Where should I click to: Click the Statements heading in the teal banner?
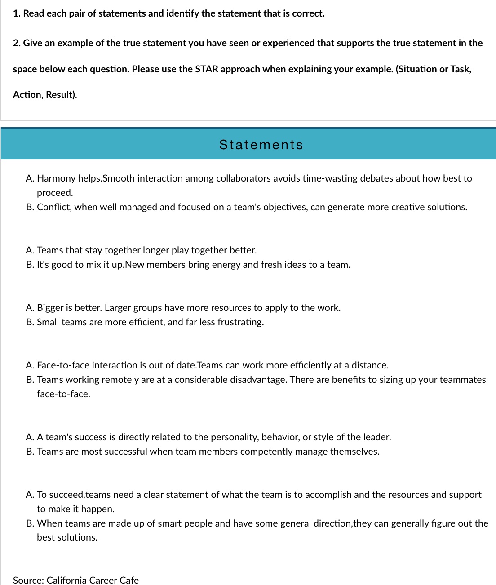coord(261,145)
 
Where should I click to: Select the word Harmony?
coord(56,178)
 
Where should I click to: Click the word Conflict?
coord(54,207)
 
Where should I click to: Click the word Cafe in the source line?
coord(129,580)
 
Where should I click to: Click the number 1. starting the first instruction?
coord(17,13)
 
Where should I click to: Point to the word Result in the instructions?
coord(60,95)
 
